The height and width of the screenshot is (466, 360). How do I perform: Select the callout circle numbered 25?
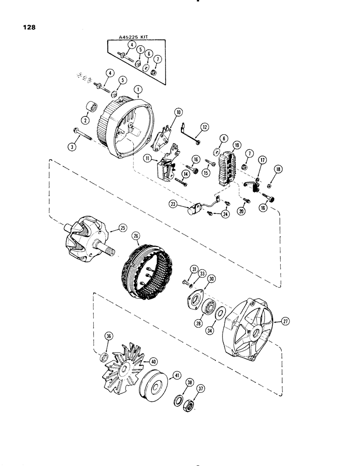(x=123, y=228)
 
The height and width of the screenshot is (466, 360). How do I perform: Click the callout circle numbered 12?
(x=204, y=127)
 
